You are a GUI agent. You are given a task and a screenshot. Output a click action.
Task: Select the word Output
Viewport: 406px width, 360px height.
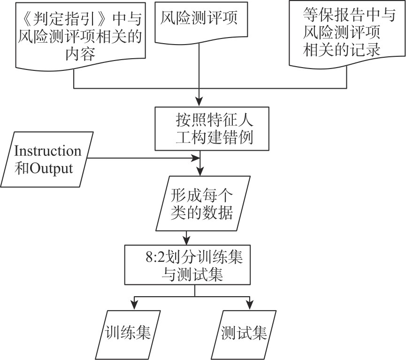click(52, 168)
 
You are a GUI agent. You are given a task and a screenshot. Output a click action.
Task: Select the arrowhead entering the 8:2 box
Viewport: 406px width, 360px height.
click(188, 239)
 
